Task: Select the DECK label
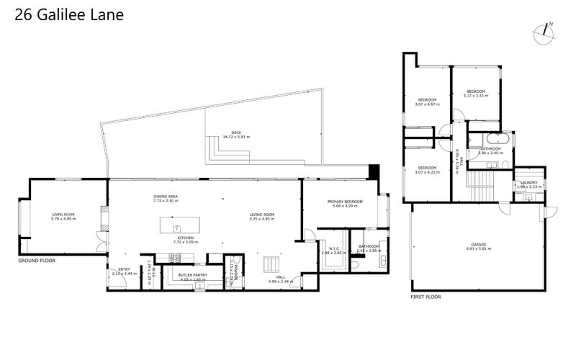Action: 235,132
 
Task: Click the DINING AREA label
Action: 166,197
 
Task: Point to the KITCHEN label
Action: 185,238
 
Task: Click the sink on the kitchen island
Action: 177,228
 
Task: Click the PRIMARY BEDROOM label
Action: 344,202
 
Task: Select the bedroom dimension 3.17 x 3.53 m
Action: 475,96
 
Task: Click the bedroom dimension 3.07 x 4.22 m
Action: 428,172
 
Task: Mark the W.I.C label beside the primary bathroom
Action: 333,248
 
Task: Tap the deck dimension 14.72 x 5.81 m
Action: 235,137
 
